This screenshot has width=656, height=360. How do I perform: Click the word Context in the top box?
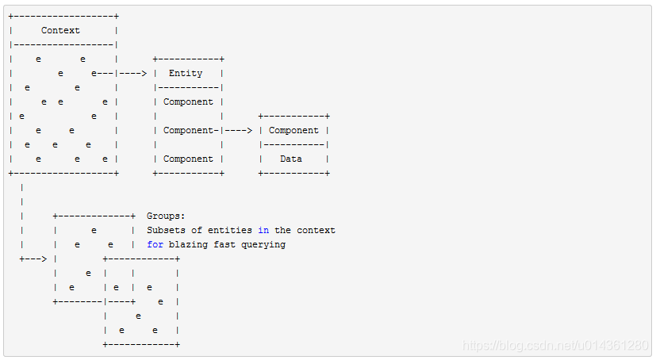(60, 30)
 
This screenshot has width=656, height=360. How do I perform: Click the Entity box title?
(186, 73)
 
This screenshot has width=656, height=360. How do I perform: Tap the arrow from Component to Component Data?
(240, 130)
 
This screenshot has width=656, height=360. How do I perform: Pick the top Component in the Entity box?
(188, 101)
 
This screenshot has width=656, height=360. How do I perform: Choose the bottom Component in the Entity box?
(188, 159)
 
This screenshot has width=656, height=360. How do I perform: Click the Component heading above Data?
(293, 130)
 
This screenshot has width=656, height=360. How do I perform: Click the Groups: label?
(166, 216)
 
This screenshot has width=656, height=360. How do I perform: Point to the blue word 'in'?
(263, 230)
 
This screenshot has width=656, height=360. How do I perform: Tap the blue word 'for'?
(155, 244)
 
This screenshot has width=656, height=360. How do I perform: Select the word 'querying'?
(263, 244)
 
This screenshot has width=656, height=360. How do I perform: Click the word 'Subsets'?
(166, 230)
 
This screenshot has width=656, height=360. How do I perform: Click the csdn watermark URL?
(555, 346)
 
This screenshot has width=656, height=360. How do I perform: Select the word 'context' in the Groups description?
(316, 230)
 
